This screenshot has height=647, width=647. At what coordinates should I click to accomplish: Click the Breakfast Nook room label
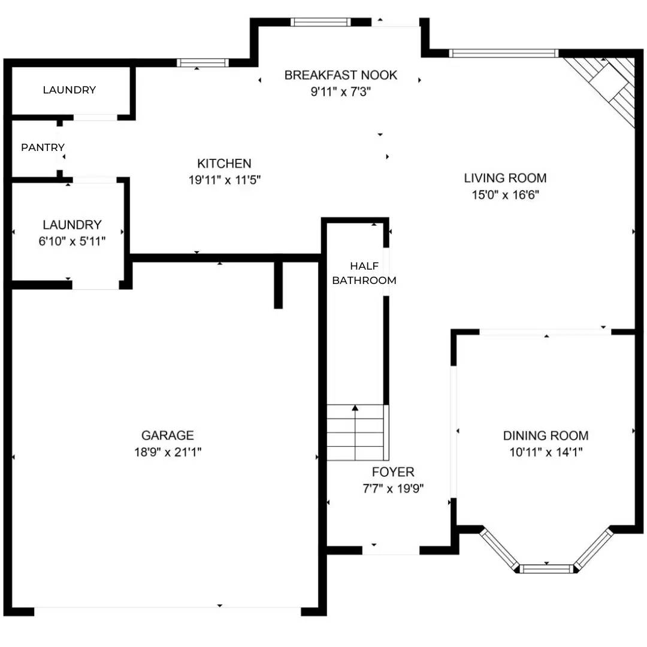(340, 75)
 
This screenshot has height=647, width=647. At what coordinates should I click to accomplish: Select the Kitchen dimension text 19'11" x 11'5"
(225, 179)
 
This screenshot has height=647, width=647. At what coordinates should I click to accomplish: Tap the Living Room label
(505, 178)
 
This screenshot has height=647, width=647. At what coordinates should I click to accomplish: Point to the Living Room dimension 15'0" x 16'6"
(505, 194)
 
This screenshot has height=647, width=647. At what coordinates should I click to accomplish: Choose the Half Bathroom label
(364, 273)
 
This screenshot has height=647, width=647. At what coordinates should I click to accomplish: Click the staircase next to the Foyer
(356, 432)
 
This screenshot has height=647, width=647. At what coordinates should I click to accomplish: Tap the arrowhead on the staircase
(355, 409)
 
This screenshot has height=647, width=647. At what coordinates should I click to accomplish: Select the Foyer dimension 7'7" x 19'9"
(393, 488)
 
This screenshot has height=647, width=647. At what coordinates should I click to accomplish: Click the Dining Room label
(545, 436)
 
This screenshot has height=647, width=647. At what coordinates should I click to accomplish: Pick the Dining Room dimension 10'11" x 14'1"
(545, 452)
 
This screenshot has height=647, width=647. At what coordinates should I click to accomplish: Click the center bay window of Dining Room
(546, 568)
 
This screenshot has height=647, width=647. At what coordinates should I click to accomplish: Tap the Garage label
(167, 436)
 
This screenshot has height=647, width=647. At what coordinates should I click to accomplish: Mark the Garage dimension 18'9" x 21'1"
(167, 452)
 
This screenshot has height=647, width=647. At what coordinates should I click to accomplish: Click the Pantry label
(43, 147)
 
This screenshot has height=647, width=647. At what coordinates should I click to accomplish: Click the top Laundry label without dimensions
(69, 90)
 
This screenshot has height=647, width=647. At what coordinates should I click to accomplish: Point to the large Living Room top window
(504, 53)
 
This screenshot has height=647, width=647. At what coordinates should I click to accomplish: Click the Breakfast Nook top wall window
(320, 22)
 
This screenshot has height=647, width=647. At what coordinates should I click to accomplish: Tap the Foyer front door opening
(391, 549)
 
